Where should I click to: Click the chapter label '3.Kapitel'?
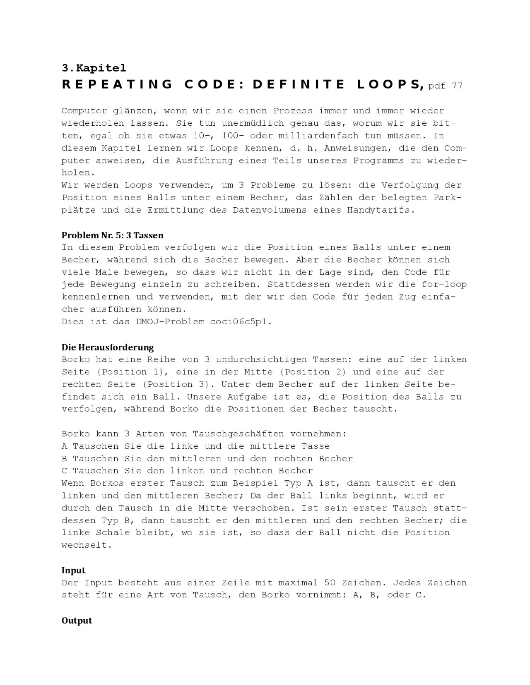click(x=94, y=68)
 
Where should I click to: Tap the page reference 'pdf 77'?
click(x=445, y=86)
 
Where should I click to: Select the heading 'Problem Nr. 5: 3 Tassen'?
click(x=112, y=235)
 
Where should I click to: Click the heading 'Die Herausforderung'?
click(x=108, y=347)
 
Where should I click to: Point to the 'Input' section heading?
click(x=73, y=570)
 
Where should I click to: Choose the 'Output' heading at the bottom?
click(x=77, y=620)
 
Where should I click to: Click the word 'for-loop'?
click(x=444, y=284)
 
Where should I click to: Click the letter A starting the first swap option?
click(x=64, y=446)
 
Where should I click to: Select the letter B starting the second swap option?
click(x=64, y=458)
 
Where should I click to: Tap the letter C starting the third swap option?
click(x=64, y=471)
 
